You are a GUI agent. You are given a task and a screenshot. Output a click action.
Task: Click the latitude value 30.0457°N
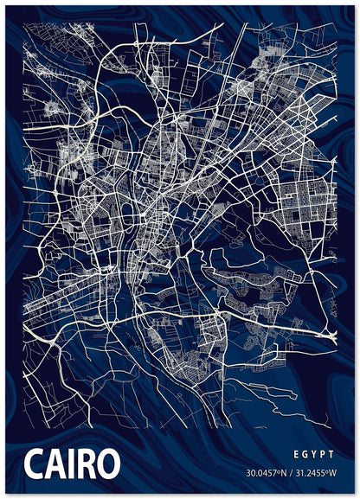tap(267, 472)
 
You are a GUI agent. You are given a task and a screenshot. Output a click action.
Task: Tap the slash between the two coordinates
tap(292, 472)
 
